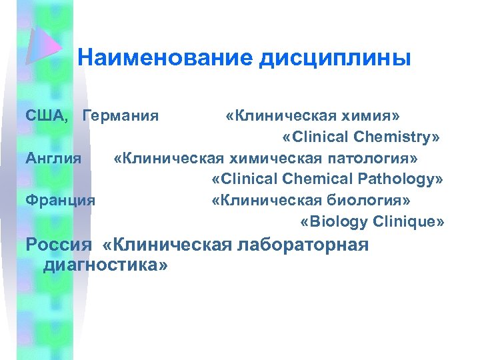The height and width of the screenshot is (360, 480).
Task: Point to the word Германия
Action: [x=121, y=117]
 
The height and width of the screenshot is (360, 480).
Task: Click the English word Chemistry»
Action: [x=396, y=137]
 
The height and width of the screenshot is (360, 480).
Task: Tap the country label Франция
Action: [x=60, y=200]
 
